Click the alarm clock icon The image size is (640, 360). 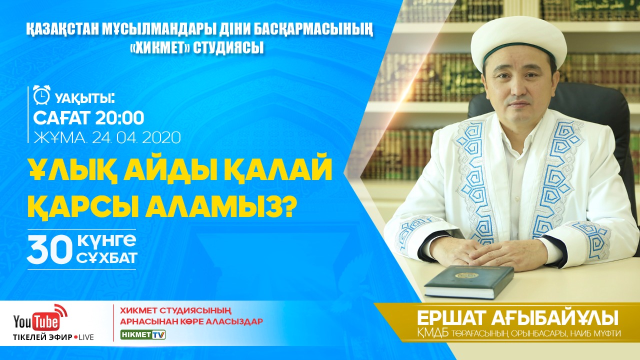[x=41, y=95]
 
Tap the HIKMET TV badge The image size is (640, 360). [x=143, y=335]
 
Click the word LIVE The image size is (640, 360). [x=86, y=337]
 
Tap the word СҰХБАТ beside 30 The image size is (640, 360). [x=107, y=257]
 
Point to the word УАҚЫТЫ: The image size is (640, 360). [x=85, y=99]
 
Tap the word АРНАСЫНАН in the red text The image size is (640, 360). [x=149, y=321]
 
